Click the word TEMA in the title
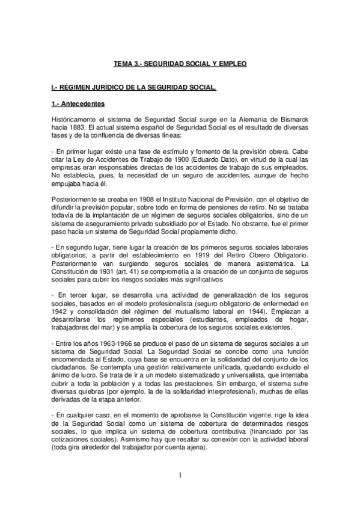[x=123, y=63]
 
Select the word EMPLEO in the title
[x=232, y=63]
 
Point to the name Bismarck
[x=293, y=120]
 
